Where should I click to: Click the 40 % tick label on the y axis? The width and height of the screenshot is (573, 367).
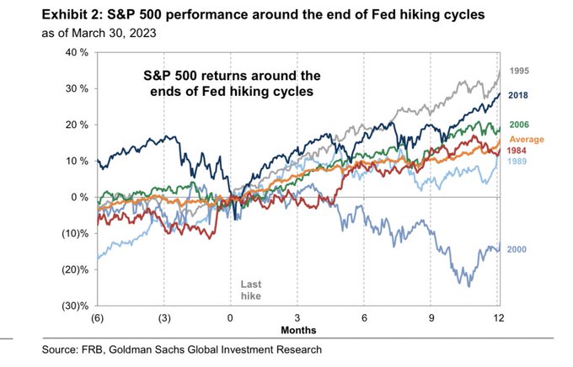(x=78, y=52)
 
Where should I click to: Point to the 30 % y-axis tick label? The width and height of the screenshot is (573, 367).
(x=78, y=88)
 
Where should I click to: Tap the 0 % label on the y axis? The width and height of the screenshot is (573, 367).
(x=80, y=197)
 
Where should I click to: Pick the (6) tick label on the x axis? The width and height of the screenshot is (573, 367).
(x=97, y=318)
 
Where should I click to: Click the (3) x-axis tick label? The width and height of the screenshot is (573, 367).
(x=163, y=318)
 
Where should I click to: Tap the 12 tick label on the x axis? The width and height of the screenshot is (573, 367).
(x=498, y=318)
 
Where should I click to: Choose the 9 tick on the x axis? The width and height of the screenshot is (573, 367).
(x=431, y=318)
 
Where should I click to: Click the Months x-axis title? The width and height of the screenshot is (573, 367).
(x=297, y=330)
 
